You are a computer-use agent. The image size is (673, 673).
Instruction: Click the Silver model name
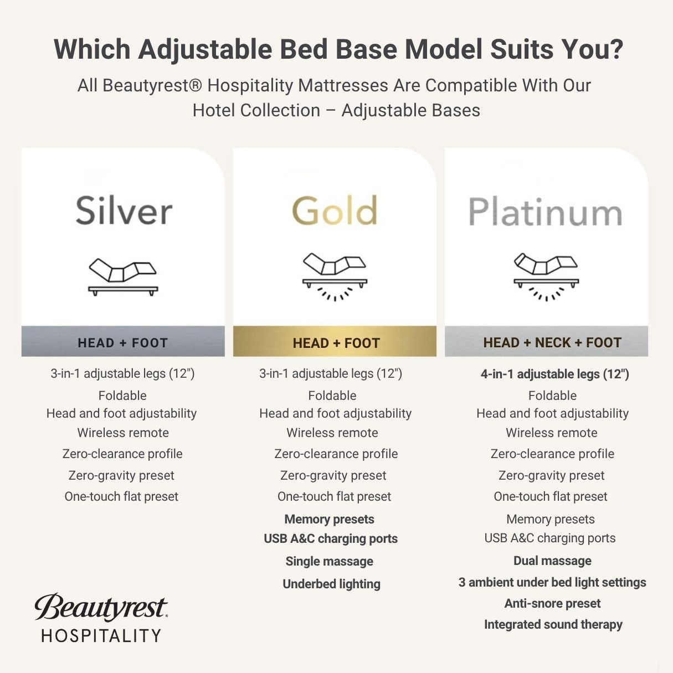[x=124, y=211]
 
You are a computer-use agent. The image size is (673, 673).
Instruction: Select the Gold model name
[x=335, y=211]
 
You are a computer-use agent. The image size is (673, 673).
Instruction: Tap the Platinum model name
[x=546, y=213]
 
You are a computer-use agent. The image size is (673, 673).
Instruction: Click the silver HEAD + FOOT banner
[x=123, y=342]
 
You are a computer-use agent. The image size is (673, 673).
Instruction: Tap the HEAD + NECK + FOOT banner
[x=552, y=342]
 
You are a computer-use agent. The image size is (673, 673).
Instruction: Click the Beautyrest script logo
[x=101, y=607]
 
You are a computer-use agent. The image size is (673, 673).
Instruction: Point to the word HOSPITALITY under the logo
[x=101, y=635]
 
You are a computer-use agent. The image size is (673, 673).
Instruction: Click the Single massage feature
[x=329, y=561]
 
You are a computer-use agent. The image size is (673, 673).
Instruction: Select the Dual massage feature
[x=552, y=561]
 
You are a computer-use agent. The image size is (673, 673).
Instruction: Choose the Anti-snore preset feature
[x=552, y=603]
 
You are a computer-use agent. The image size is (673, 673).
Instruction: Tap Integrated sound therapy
[x=553, y=624]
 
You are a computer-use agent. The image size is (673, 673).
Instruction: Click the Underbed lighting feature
[x=331, y=584]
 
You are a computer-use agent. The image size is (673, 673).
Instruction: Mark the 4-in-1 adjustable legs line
[x=554, y=374]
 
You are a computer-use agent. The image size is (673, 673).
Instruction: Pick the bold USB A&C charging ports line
[x=331, y=538]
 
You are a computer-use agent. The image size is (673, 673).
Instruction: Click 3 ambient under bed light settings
[x=552, y=582]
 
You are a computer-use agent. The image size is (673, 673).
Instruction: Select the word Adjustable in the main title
[x=205, y=49]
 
